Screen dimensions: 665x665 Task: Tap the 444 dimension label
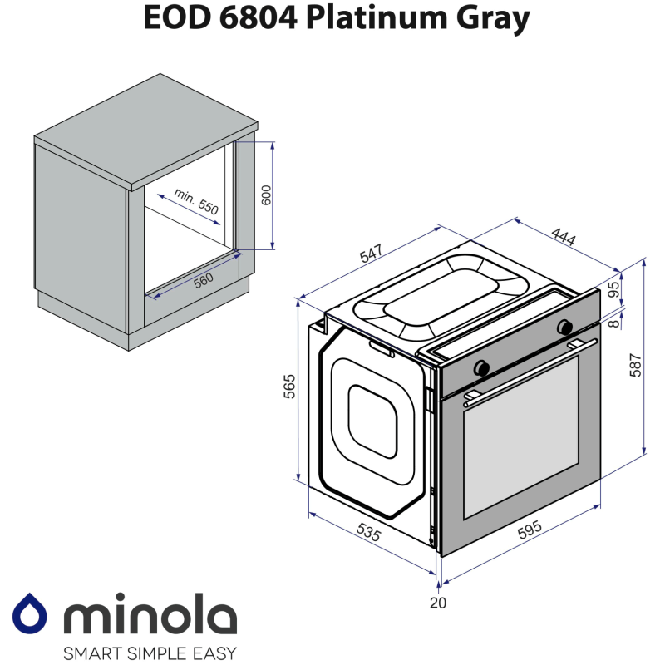point(564,236)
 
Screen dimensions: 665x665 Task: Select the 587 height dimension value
point(634,366)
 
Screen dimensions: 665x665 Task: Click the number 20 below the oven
point(437,603)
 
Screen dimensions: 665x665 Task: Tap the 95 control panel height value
point(613,290)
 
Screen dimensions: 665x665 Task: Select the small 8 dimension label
point(613,323)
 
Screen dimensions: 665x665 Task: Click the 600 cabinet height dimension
point(266,195)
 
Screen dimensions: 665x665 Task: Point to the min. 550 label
point(196,202)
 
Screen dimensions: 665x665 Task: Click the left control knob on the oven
point(480,367)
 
